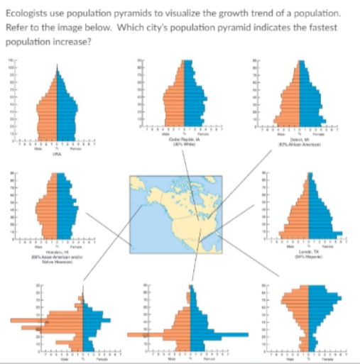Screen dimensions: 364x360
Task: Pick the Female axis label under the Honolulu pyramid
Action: click(x=69, y=248)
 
